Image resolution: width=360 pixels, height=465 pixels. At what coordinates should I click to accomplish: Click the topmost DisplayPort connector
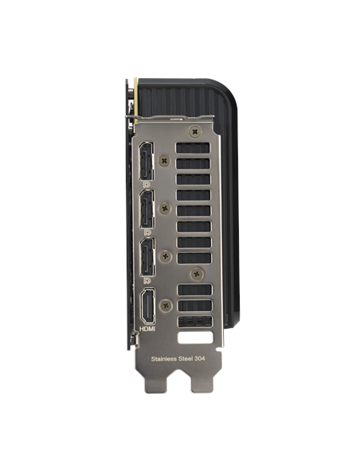[147, 161]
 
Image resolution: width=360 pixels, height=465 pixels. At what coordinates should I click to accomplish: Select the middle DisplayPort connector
[147, 209]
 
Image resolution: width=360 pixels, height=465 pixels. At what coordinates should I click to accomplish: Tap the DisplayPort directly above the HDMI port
[147, 257]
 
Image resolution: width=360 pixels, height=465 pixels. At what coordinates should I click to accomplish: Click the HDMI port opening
[148, 306]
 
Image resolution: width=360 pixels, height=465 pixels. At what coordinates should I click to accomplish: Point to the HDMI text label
[147, 329]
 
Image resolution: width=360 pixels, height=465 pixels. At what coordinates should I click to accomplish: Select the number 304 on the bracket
[200, 358]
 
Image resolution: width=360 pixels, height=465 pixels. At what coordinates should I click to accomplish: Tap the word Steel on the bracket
[186, 359]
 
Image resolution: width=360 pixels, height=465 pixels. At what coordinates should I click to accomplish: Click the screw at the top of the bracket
[195, 132]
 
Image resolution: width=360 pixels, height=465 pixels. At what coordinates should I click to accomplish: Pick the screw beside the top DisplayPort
[165, 161]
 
